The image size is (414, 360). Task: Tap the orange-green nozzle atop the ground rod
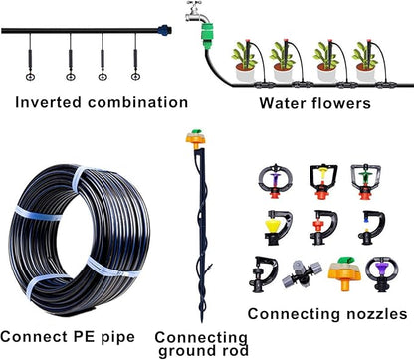pos(187,137)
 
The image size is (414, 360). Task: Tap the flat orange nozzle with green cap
pos(340,270)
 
